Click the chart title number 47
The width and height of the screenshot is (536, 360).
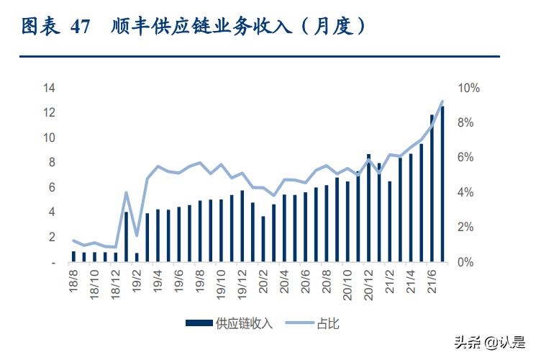pyautogui.click(x=81, y=27)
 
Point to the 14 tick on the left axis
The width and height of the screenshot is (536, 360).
pyautogui.click(x=50, y=88)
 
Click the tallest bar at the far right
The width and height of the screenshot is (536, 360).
pyautogui.click(x=442, y=184)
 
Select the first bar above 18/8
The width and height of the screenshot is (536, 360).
pyautogui.click(x=73, y=256)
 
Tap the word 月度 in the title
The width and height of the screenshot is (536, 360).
pyautogui.click(x=335, y=27)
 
